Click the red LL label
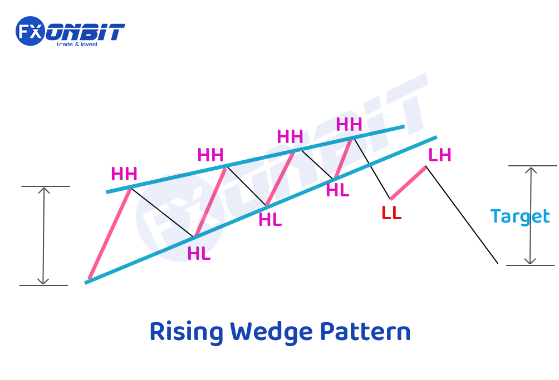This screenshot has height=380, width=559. click(x=391, y=213)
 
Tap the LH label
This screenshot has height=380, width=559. click(x=440, y=155)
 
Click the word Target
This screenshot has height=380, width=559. click(x=519, y=216)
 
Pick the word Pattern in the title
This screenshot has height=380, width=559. click(x=365, y=332)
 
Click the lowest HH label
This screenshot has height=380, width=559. click(x=124, y=174)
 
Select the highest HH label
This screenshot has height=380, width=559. click(x=349, y=124)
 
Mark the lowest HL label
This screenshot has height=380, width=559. click(x=199, y=254)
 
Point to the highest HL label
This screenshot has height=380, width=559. click(x=337, y=190)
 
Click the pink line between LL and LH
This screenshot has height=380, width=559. click(x=408, y=182)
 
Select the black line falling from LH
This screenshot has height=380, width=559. click(x=462, y=215)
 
